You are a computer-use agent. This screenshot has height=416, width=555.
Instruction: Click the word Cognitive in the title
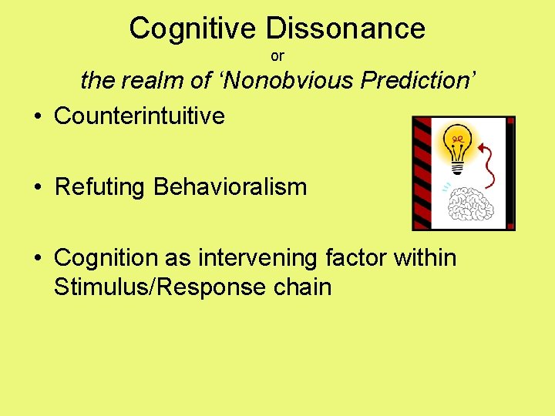coord(193,29)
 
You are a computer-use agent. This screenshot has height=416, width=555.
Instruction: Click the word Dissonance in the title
coord(345,29)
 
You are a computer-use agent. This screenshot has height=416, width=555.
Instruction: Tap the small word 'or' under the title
coord(277,56)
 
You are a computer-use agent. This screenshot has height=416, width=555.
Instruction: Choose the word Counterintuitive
coord(140,116)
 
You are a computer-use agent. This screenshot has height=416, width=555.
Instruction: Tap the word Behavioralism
coord(230,186)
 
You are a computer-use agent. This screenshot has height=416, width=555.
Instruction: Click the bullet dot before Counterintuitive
coord(37,117)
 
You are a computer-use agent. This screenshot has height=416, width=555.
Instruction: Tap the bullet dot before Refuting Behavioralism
coord(37,187)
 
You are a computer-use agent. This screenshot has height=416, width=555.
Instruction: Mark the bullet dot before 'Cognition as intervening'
coord(37,258)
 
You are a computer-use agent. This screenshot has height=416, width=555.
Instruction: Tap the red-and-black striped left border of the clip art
coord(422,173)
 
